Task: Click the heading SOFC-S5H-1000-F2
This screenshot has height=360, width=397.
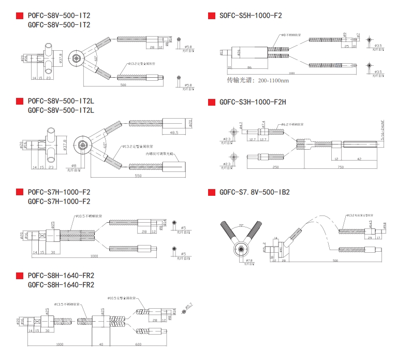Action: pyautogui.click(x=251, y=16)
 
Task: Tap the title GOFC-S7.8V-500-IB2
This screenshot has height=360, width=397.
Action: pyautogui.click(x=254, y=192)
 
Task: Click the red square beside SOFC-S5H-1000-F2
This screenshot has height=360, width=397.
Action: pyautogui.click(x=211, y=16)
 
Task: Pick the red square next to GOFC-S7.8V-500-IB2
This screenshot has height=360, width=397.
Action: pyautogui.click(x=211, y=192)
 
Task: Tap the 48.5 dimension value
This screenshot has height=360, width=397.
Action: pyautogui.click(x=174, y=133)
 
